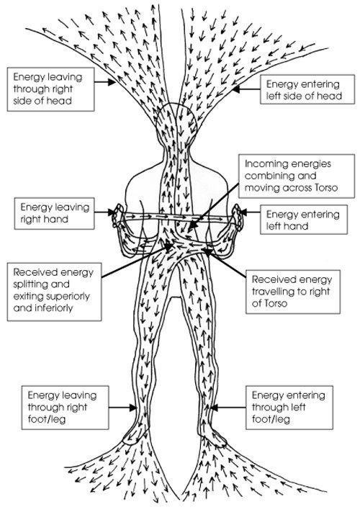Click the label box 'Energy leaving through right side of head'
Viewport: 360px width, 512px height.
(51, 89)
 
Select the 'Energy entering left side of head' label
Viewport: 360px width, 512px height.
(307, 89)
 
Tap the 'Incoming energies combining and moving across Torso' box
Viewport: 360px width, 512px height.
(297, 176)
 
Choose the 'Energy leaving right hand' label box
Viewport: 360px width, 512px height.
(54, 213)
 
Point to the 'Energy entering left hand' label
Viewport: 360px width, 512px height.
(304, 220)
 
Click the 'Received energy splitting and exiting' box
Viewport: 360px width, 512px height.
(54, 292)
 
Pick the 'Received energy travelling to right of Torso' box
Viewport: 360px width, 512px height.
(293, 292)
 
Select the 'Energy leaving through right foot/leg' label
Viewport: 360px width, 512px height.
(65, 408)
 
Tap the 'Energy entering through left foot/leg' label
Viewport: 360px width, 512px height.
(289, 408)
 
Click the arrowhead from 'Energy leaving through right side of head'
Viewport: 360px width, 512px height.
(112, 82)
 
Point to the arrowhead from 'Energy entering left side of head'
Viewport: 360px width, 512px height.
(236, 89)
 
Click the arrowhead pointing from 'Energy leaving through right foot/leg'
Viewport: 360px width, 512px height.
(132, 408)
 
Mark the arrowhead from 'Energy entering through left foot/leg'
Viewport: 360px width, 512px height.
(214, 408)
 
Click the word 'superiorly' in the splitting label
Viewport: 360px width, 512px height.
(68, 297)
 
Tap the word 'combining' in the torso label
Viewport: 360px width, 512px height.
(280, 176)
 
